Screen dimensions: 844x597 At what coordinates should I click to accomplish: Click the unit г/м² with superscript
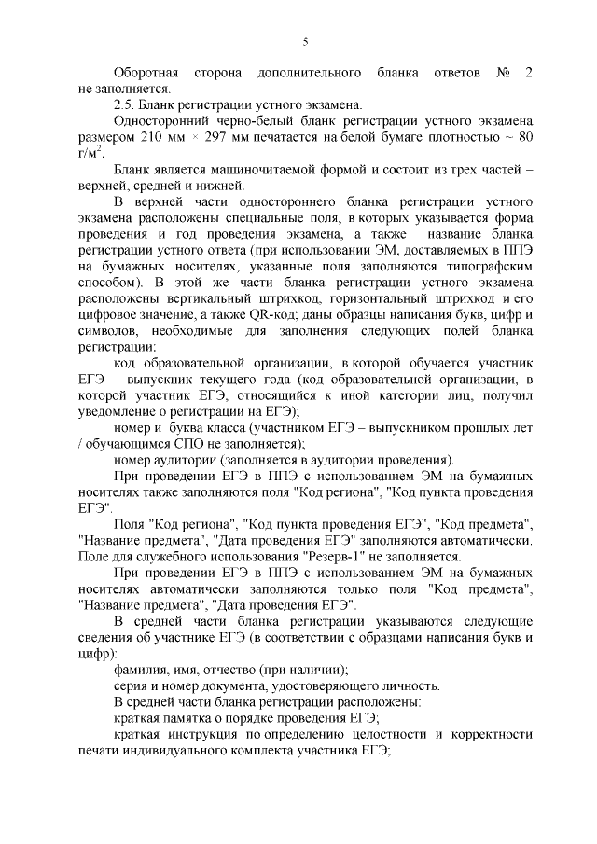[92, 155]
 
